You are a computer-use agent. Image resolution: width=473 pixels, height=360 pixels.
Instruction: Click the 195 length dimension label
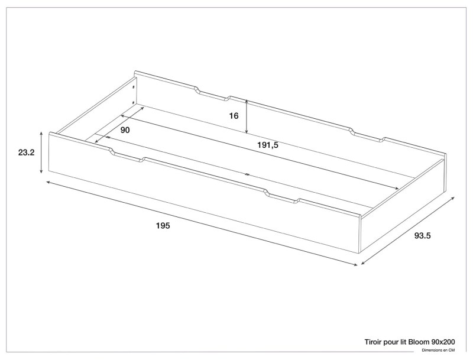tap(163, 226)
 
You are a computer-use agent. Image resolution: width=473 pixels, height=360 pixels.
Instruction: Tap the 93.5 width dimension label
tap(422, 236)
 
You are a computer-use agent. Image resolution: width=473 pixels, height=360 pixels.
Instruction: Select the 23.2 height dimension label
tap(26, 153)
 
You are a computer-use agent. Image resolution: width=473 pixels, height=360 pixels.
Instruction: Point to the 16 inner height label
tap(234, 116)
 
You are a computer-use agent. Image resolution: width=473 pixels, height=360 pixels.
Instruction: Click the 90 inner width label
tap(125, 130)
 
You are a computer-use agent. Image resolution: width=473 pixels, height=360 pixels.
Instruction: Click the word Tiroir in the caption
tap(373, 342)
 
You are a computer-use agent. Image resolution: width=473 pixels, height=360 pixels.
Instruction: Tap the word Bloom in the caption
tap(419, 342)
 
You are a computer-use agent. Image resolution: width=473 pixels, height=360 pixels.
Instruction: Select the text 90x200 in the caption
tap(443, 342)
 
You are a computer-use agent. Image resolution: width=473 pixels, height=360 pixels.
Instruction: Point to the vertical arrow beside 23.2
tap(41, 153)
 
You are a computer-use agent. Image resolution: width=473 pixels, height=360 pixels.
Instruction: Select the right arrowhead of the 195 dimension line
tap(356, 265)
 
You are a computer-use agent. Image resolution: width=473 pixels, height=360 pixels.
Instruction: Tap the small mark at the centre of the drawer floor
tap(247, 174)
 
